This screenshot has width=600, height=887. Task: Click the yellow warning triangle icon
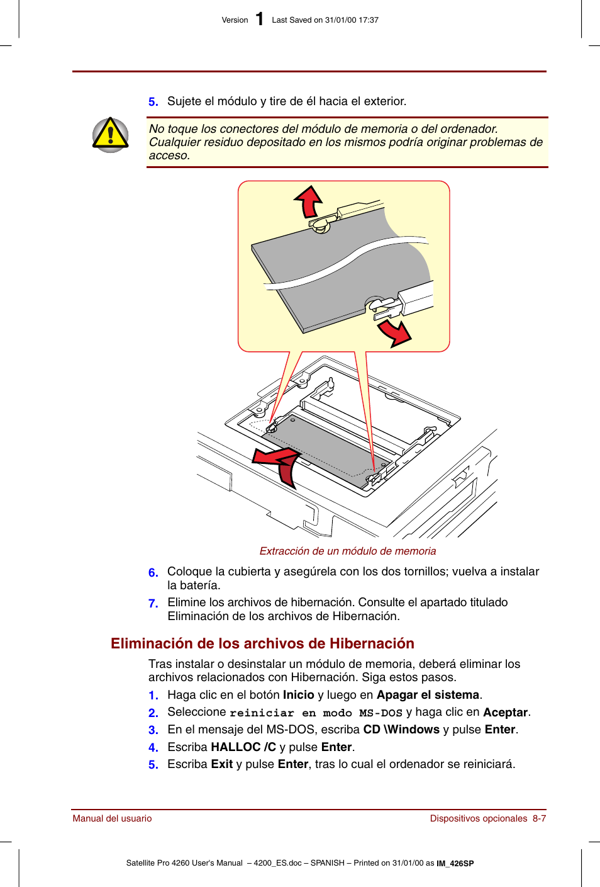click(111, 135)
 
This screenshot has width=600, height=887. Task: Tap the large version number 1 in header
click(259, 20)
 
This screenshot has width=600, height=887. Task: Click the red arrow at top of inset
click(309, 201)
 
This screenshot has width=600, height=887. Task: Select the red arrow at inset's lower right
click(395, 332)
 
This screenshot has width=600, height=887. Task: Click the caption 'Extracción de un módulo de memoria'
click(347, 551)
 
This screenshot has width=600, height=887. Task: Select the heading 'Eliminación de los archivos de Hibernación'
click(262, 643)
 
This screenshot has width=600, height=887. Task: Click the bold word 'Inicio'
click(298, 695)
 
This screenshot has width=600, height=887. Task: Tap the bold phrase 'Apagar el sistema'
click(428, 695)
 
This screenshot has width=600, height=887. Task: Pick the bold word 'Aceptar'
click(505, 713)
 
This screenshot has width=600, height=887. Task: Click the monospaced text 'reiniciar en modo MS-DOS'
click(316, 713)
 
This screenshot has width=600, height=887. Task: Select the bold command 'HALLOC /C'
click(243, 747)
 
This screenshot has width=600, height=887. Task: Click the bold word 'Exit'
click(221, 764)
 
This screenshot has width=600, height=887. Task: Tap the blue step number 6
click(153, 572)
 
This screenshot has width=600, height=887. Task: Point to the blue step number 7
click(153, 603)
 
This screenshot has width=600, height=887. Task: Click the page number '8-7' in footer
click(539, 818)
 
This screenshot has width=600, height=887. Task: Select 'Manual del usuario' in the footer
click(112, 818)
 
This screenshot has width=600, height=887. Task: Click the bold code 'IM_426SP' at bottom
click(455, 864)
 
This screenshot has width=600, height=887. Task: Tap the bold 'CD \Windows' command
click(401, 730)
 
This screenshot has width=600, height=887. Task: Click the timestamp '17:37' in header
click(369, 20)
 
